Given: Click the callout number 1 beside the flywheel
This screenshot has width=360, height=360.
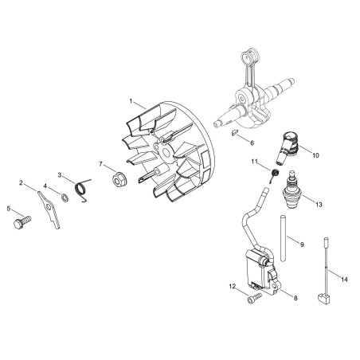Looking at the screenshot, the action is pos(131,101).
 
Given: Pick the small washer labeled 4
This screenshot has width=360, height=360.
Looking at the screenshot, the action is pos(65,198).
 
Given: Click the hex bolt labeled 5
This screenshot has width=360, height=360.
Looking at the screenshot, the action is pos(22,222).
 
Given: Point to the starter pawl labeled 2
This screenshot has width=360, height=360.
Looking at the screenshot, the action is pos(50,209).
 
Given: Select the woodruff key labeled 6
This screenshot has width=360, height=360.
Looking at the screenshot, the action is pos(235,132).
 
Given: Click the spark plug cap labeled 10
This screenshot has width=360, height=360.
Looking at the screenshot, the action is pos(287,147).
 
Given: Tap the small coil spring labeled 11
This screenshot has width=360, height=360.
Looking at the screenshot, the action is pos(274,175).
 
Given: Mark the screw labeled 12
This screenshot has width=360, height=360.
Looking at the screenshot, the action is pos(253,298).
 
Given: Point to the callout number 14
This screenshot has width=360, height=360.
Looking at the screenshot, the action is pos(344,280).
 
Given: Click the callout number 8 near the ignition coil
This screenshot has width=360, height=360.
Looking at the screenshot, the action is pos(295,298).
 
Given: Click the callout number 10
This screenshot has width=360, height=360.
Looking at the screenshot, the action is pos(315,155).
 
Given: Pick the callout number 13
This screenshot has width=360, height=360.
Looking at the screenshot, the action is pos(319,205).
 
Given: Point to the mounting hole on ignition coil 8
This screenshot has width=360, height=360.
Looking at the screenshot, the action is pos(275,286).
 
